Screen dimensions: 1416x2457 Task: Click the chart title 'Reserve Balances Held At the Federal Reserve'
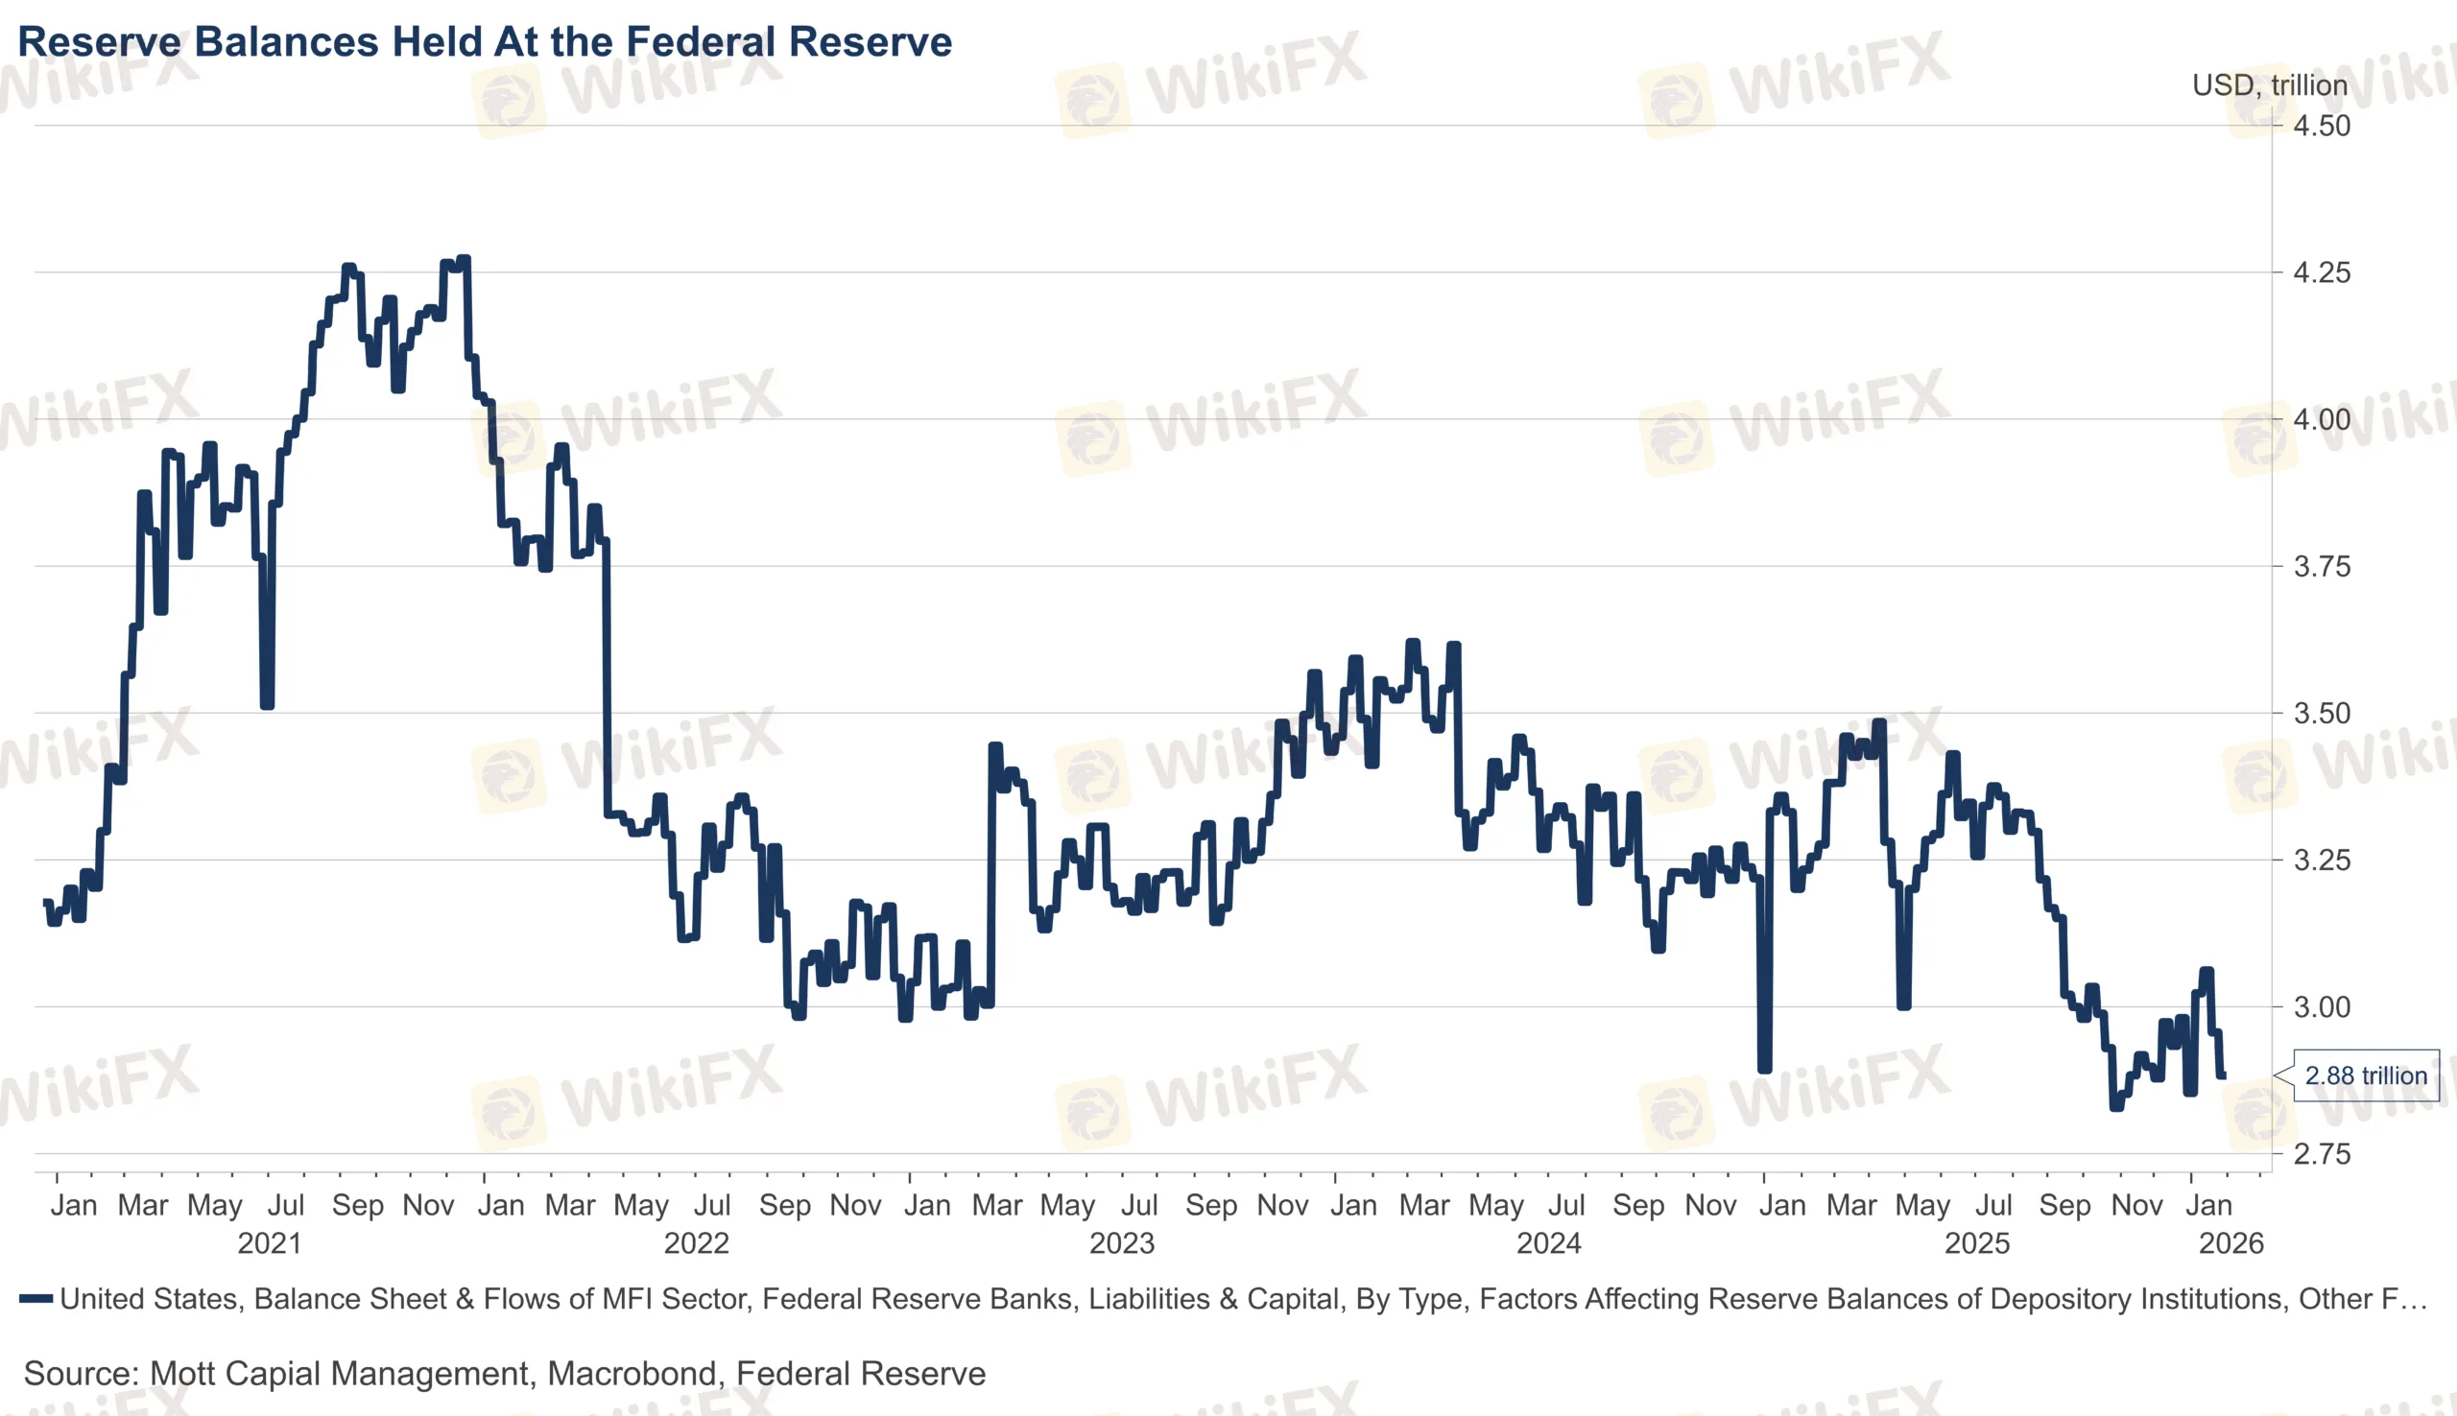coord(485,42)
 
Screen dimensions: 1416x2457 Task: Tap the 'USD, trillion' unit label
coord(2268,85)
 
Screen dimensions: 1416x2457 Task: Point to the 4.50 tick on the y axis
coord(2321,126)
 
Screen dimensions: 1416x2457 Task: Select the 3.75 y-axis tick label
coord(2321,566)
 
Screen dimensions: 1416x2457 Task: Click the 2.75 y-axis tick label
coord(2321,1153)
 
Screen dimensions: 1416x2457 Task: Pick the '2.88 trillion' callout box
coord(2365,1075)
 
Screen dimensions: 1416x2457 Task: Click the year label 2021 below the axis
coord(270,1243)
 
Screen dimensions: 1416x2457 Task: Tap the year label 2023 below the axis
coord(1122,1243)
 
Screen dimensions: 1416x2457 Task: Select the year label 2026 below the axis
coord(2230,1243)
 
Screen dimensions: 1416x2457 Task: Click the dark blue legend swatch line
coord(36,1298)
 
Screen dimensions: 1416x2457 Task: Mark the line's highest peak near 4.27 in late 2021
coord(464,259)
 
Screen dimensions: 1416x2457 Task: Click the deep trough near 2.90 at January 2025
coord(1764,1070)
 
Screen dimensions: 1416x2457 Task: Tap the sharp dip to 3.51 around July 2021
coord(268,705)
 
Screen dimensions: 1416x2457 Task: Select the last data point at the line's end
coord(2224,1075)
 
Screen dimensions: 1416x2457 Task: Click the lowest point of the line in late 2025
coord(2116,1107)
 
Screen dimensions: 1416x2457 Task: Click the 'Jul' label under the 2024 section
coord(1566,1205)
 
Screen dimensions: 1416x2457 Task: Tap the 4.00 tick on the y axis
coord(2321,419)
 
